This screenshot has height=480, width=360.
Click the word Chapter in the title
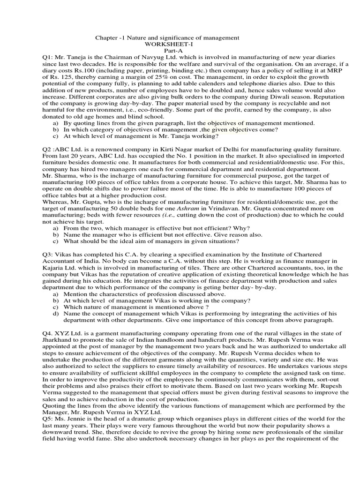pyautogui.click(x=106, y=37)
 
